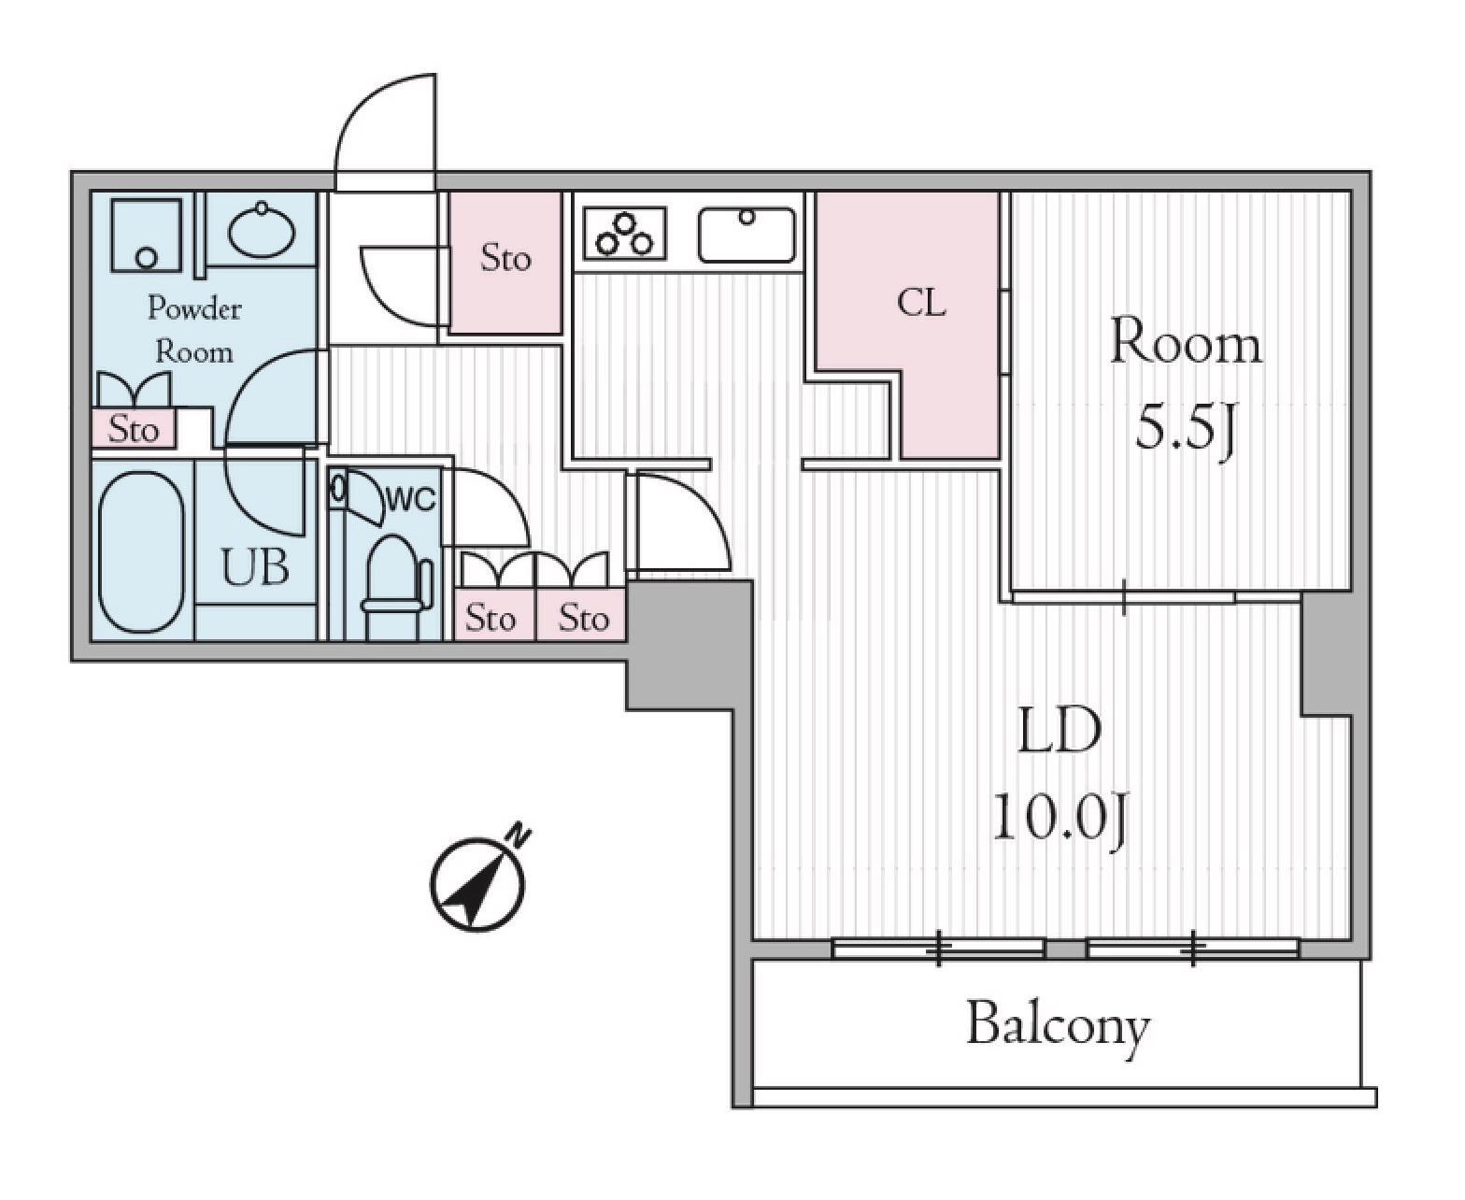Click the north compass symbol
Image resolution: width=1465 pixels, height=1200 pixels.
pyautogui.click(x=477, y=881)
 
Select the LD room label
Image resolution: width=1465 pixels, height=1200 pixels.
pyautogui.click(x=1059, y=731)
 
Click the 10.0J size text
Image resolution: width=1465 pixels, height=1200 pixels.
pyautogui.click(x=1059, y=823)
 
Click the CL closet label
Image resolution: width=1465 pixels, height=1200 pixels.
pyautogui.click(x=921, y=304)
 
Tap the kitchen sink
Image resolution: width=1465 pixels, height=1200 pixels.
pyautogui.click(x=747, y=235)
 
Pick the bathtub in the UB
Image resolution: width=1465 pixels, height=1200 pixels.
pyautogui.click(x=142, y=551)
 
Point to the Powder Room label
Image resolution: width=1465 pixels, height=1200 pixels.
pyautogui.click(x=193, y=330)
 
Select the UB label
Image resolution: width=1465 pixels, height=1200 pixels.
pyautogui.click(x=255, y=567)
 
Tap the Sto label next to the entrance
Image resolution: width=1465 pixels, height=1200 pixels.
pyautogui.click(x=505, y=259)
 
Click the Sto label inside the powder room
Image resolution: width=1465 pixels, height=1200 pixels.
pyautogui.click(x=134, y=429)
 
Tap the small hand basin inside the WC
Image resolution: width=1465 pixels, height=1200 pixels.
pyautogui.click(x=339, y=489)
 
